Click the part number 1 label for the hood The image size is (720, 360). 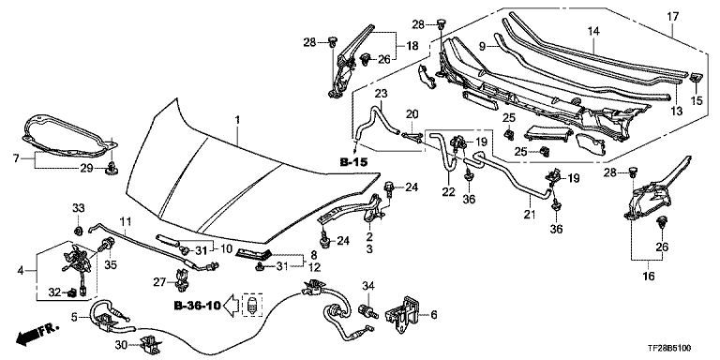point(237,121)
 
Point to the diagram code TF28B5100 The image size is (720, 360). point(669,349)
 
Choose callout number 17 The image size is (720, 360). point(673,18)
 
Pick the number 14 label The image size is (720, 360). point(593,31)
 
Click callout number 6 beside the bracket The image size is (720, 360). point(434,315)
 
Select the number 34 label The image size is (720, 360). point(368,287)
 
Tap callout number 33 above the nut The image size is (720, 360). point(78,207)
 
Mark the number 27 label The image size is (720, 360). point(160,282)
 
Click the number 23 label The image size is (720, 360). point(381,93)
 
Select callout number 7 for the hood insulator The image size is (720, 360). point(17,158)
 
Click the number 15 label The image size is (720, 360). point(697,100)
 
